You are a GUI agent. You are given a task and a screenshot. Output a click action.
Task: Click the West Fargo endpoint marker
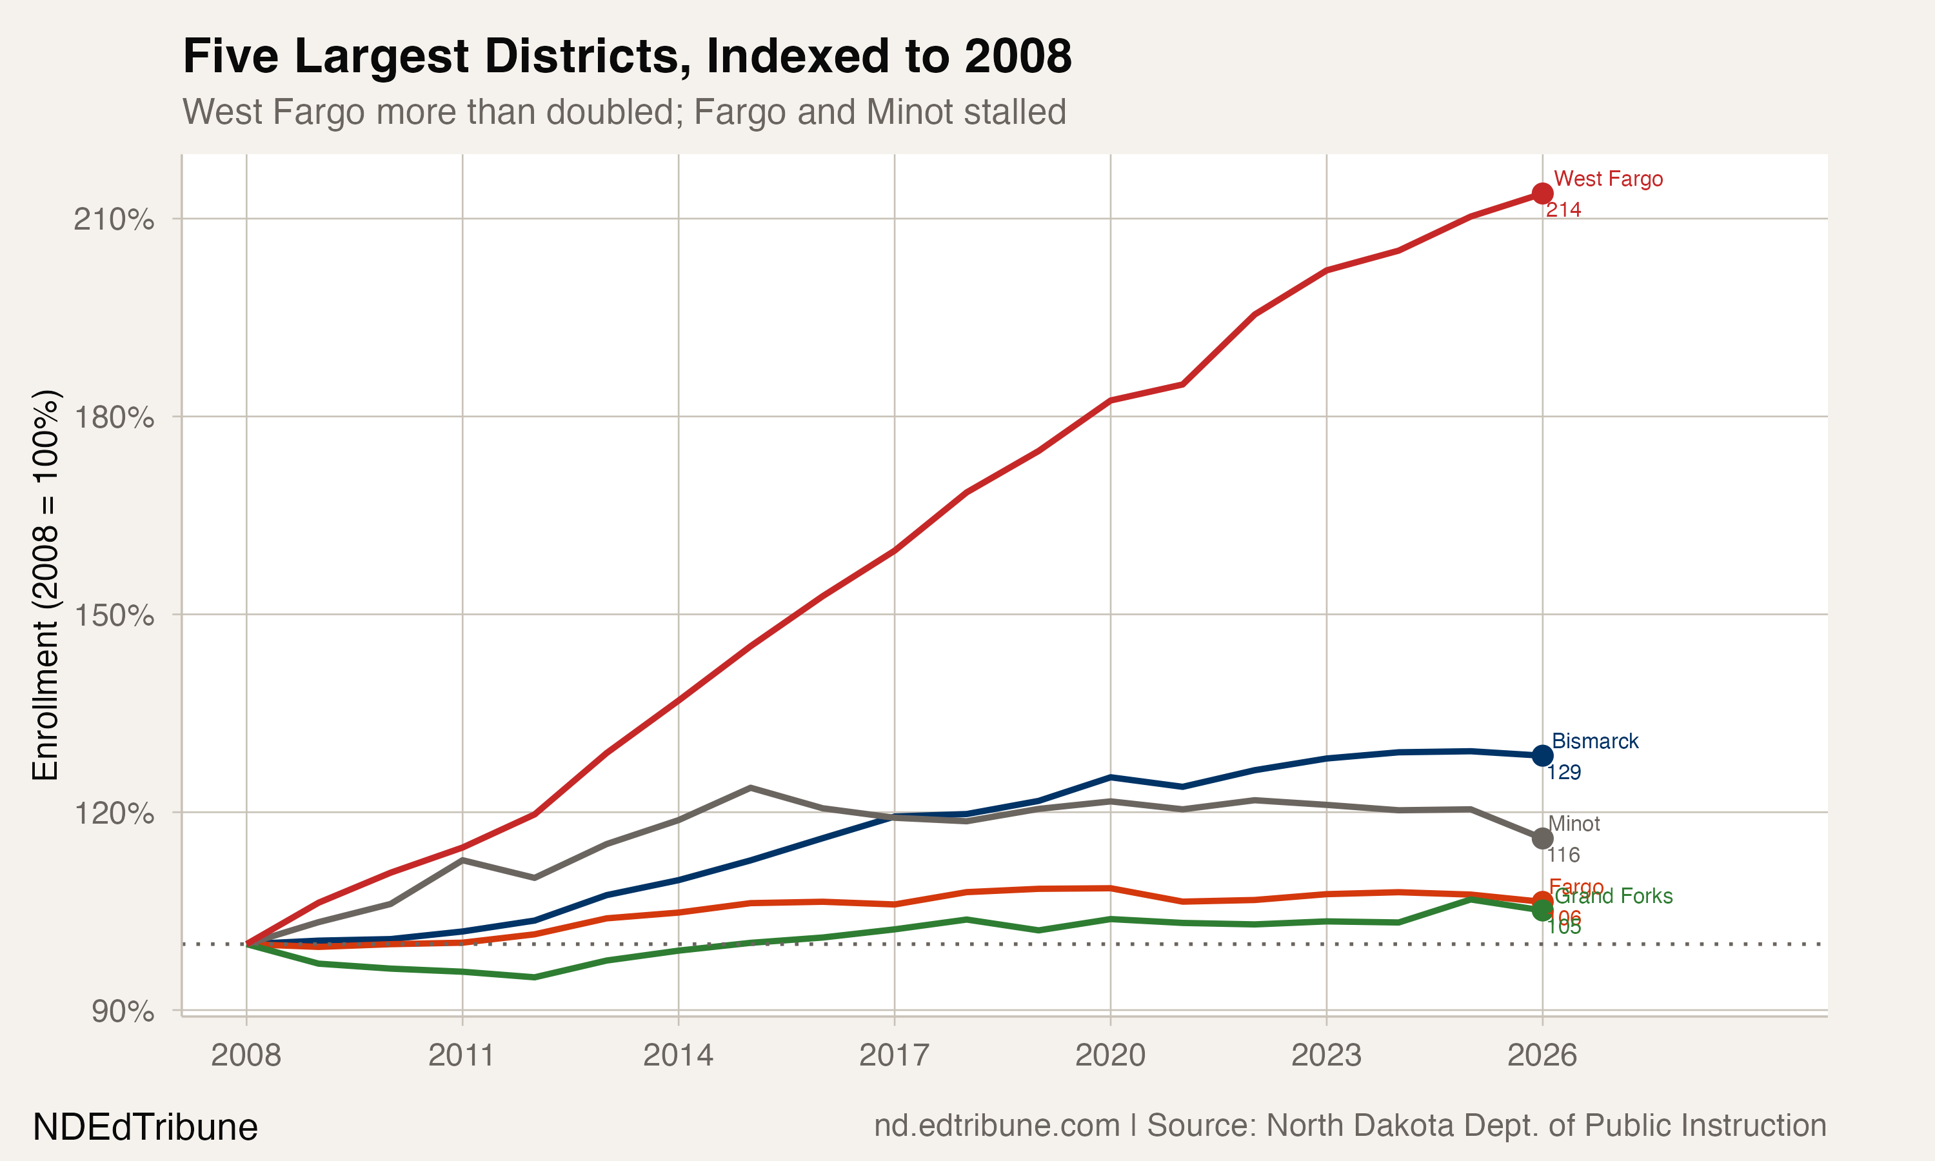pos(1542,193)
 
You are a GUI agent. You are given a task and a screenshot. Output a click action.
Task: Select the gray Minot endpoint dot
pos(1542,838)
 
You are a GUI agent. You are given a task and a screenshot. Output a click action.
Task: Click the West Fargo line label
pos(1607,179)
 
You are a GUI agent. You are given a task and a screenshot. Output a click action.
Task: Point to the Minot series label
pos(1574,824)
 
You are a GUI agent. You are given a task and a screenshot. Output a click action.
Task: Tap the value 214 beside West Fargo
pos(1563,210)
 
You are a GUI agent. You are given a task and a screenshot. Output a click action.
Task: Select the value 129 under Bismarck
pos(1563,772)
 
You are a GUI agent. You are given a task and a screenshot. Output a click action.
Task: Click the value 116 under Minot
pos(1563,855)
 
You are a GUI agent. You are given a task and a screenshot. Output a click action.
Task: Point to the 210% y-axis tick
pos(114,219)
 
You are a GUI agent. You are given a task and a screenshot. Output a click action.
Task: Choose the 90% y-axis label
pos(122,1011)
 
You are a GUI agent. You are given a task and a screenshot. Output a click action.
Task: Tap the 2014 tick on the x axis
pos(677,1055)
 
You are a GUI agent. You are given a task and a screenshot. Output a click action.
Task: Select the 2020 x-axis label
pos(1110,1055)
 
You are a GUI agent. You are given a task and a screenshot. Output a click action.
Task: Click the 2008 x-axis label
pos(246,1055)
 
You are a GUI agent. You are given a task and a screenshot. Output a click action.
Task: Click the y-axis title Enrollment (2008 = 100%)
pos(45,584)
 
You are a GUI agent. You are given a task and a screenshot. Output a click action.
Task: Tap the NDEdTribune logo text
pos(144,1127)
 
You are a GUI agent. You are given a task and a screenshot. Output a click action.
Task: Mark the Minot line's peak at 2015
pos(750,787)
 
